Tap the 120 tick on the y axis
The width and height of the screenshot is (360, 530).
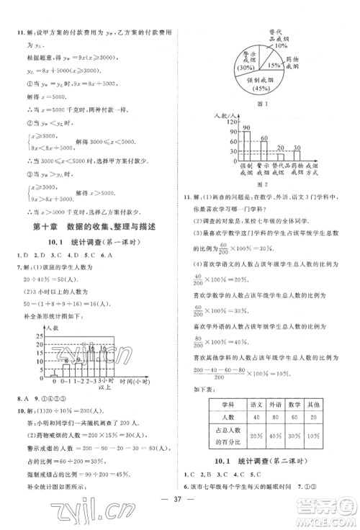(213, 122)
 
